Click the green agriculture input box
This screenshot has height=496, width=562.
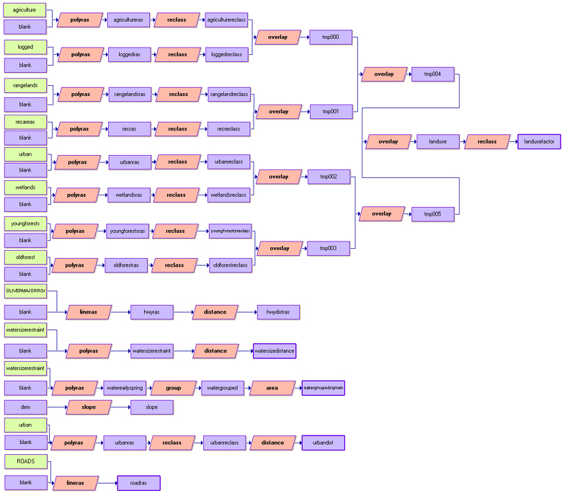(x=25, y=10)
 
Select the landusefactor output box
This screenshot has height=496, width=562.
(x=539, y=141)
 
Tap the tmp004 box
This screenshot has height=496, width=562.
(x=432, y=74)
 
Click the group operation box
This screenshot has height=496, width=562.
(x=174, y=388)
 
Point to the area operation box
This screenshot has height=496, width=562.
(x=272, y=388)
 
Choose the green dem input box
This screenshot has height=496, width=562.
(x=25, y=407)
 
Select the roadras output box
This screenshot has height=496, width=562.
(x=138, y=483)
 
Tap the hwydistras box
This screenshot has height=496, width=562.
(x=278, y=312)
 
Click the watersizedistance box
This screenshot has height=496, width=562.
(x=275, y=351)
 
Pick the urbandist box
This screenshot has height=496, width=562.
(x=323, y=443)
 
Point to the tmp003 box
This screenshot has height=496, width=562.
(x=329, y=249)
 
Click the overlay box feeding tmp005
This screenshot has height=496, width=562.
(x=381, y=214)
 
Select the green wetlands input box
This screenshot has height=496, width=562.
(x=25, y=187)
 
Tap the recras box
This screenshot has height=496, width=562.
(x=129, y=129)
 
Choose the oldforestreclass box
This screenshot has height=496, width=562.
(x=231, y=265)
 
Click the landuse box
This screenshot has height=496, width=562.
(x=437, y=141)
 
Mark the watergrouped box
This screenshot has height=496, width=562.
(x=222, y=388)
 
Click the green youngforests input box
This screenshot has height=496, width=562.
(x=25, y=223)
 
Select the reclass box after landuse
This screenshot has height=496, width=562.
(x=486, y=141)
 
